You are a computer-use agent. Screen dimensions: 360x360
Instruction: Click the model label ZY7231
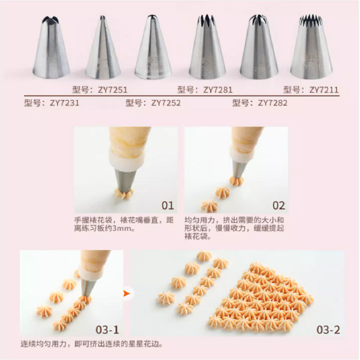pyautogui.click(x=52, y=103)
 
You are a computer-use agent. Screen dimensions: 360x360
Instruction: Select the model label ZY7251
pyautogui.click(x=100, y=90)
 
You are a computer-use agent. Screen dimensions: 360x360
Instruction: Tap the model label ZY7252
pyautogui.click(x=153, y=103)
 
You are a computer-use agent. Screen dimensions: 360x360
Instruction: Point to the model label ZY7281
pyautogui.click(x=205, y=90)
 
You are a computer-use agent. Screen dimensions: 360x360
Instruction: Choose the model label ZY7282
pyautogui.click(x=260, y=103)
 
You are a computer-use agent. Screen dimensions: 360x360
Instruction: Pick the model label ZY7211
pyautogui.click(x=311, y=90)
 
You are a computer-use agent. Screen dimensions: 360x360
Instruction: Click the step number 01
pyautogui.click(x=168, y=205)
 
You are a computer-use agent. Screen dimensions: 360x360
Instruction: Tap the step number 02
pyautogui.click(x=279, y=205)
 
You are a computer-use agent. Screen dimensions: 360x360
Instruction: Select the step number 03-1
pyautogui.click(x=108, y=330)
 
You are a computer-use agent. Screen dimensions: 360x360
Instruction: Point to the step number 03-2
pyautogui.click(x=328, y=330)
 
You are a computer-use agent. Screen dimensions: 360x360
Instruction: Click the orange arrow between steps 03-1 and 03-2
pyautogui.click(x=127, y=293)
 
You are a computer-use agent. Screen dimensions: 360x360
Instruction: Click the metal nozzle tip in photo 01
pyautogui.click(x=125, y=180)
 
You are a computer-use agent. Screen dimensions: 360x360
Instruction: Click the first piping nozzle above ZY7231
pyautogui.click(x=51, y=47)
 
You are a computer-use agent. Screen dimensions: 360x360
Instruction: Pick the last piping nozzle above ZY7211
pyautogui.click(x=312, y=47)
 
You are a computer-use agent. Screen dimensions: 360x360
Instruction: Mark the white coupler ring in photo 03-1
pyautogui.click(x=90, y=274)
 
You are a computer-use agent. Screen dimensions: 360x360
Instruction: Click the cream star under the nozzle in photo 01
pyautogui.click(x=124, y=194)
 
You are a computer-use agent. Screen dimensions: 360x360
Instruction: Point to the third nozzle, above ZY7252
pyautogui.click(x=153, y=47)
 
